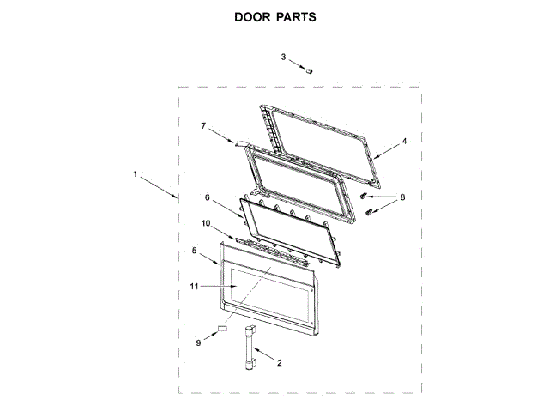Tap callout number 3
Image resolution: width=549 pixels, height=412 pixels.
[284, 57]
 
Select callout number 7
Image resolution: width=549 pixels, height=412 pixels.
[203, 125]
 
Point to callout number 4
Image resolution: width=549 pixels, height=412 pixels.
[405, 141]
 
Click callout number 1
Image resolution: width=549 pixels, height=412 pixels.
[136, 174]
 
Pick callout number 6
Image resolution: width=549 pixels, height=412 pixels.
[207, 197]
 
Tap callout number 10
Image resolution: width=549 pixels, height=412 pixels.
[206, 223]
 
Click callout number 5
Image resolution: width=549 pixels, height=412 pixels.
[195, 251]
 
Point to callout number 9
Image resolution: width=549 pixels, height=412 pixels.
[198, 342]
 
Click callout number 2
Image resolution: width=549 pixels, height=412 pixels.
[279, 363]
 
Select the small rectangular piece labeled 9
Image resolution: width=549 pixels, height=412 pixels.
[221, 328]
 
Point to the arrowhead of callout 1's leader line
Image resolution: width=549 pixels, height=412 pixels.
[178, 198]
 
